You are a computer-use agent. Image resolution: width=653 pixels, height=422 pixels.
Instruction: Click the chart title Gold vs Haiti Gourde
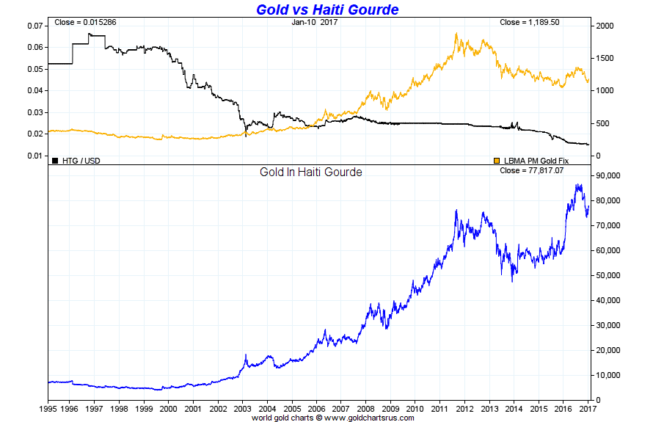click(x=327, y=10)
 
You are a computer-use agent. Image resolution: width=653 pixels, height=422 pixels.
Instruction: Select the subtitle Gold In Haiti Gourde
click(x=311, y=172)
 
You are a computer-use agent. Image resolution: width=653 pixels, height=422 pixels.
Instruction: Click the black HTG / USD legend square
click(x=55, y=160)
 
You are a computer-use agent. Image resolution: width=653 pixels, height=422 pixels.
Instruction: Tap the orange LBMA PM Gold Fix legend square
click(x=497, y=160)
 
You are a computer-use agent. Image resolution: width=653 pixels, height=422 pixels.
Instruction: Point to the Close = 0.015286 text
click(x=85, y=23)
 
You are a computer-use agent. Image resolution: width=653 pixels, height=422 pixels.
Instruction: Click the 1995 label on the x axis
click(x=48, y=409)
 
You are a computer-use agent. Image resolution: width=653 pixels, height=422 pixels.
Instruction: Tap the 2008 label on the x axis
click(x=367, y=409)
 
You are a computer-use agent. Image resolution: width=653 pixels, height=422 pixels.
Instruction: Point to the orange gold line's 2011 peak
click(x=456, y=33)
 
